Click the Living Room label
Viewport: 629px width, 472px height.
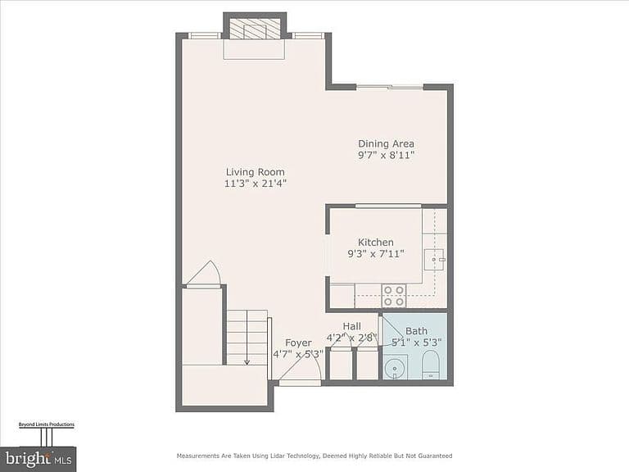coord(256,172)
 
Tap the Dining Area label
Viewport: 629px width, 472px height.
coord(386,143)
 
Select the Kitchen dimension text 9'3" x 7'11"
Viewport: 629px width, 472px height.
coord(376,254)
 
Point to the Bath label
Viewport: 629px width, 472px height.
coord(416,331)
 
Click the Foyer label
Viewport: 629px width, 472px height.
coord(298,343)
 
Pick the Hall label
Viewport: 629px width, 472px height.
coord(352,326)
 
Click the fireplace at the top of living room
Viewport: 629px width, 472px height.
coord(254,29)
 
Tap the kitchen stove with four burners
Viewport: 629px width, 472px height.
coord(393,296)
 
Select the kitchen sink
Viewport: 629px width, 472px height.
coord(434,260)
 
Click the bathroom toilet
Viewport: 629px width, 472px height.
coord(432,365)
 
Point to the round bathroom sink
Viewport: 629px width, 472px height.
coord(395,367)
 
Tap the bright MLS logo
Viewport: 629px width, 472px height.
coord(38,459)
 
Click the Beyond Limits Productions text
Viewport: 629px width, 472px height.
coord(47,424)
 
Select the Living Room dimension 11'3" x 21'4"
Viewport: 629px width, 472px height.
coord(256,184)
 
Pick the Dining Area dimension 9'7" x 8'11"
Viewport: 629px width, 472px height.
coord(386,156)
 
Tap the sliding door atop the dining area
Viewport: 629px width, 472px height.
coord(390,87)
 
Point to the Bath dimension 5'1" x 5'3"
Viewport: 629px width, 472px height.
coord(416,343)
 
